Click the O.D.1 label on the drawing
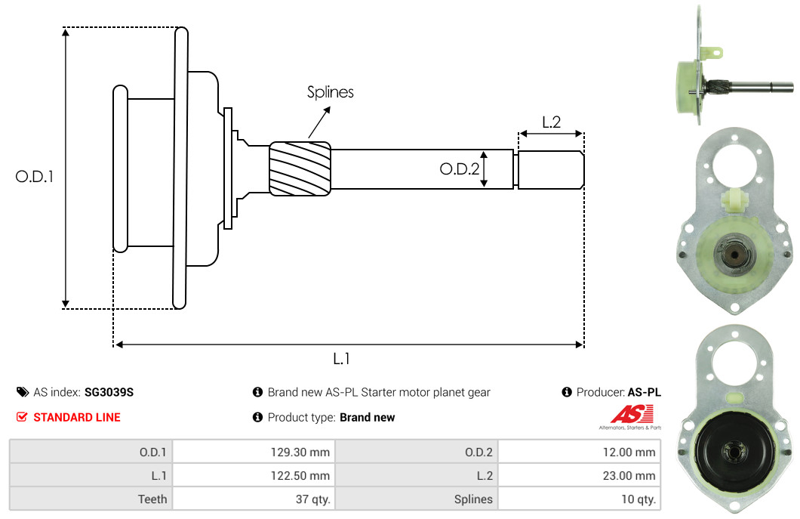tap(34, 177)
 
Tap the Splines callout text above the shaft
tap(330, 92)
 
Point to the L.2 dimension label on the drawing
tap(551, 122)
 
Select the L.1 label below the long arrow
tap(341, 359)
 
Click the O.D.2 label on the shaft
tap(459, 169)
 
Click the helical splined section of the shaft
tap(300, 168)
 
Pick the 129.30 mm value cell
tap(254, 452)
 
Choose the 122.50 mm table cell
tap(254, 476)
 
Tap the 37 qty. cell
tap(254, 499)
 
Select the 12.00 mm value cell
tap(579, 452)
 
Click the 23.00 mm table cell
tap(579, 476)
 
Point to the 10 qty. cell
tap(579, 499)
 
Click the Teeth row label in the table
tap(152, 499)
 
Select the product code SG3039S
tap(109, 392)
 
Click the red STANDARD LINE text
tap(77, 417)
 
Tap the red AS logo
tap(632, 414)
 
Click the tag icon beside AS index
tap(23, 392)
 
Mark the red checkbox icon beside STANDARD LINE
tap(22, 417)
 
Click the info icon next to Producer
tap(566, 392)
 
